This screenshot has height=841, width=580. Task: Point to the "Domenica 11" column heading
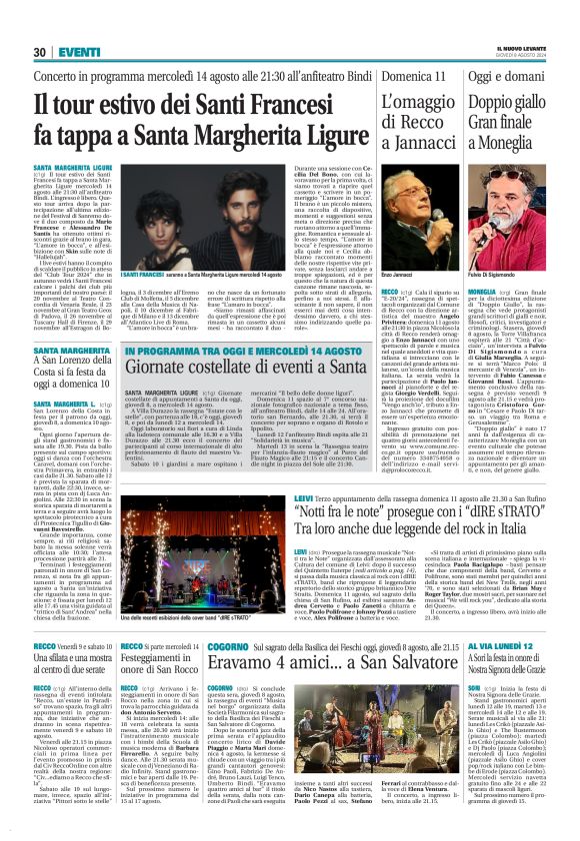pos(411,76)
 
